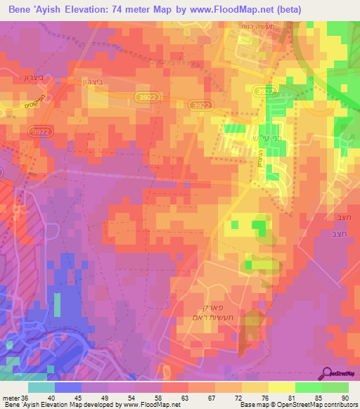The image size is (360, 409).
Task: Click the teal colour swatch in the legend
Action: [x=41, y=388]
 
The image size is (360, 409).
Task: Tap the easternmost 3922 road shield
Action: [x=264, y=91]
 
